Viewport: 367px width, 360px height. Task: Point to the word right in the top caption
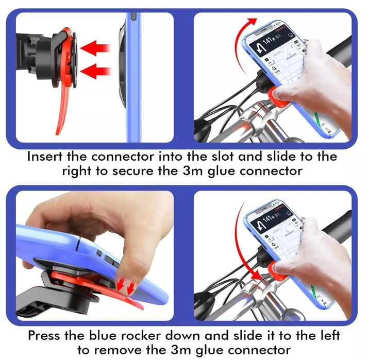coord(78,171)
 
